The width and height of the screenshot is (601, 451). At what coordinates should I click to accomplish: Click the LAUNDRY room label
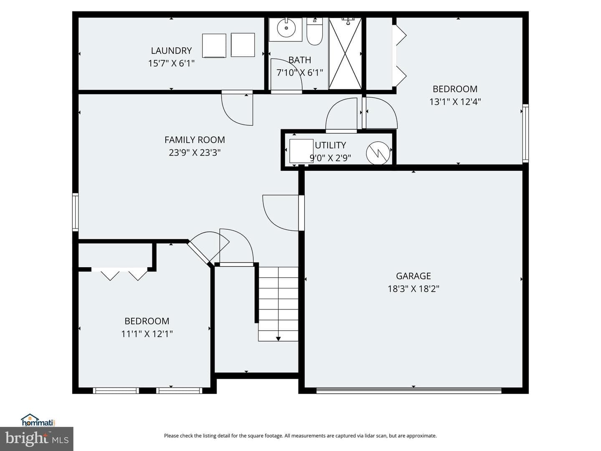coord(172,51)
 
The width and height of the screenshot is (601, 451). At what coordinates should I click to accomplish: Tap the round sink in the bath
coord(286,28)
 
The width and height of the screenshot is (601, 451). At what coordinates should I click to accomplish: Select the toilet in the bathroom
coord(315,31)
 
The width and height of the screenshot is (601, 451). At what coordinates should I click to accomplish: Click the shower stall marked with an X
coord(345,54)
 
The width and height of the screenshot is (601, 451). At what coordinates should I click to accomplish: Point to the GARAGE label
coord(414,276)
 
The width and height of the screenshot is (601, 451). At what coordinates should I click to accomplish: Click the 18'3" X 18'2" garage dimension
coord(414,289)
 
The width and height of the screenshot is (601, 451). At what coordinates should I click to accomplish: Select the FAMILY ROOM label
coord(194,140)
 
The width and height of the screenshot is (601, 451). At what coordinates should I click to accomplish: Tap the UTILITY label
coord(331,145)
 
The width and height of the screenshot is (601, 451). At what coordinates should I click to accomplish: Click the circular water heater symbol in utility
coord(378,153)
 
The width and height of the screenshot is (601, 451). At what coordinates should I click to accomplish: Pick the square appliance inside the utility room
coord(301,151)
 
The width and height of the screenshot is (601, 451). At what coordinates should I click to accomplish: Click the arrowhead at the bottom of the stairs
coord(278,339)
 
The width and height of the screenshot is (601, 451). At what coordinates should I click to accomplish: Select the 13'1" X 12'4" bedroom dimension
coord(455,102)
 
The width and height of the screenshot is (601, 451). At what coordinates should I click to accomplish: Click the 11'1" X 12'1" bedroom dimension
coord(147,334)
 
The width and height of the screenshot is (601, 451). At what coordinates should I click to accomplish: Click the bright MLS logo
coord(37,438)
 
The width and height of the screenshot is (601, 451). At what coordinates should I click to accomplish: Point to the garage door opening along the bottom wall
coord(409,390)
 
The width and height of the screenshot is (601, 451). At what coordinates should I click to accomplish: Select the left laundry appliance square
coord(214,46)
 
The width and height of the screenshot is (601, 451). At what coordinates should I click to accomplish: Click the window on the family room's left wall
coord(75,212)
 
